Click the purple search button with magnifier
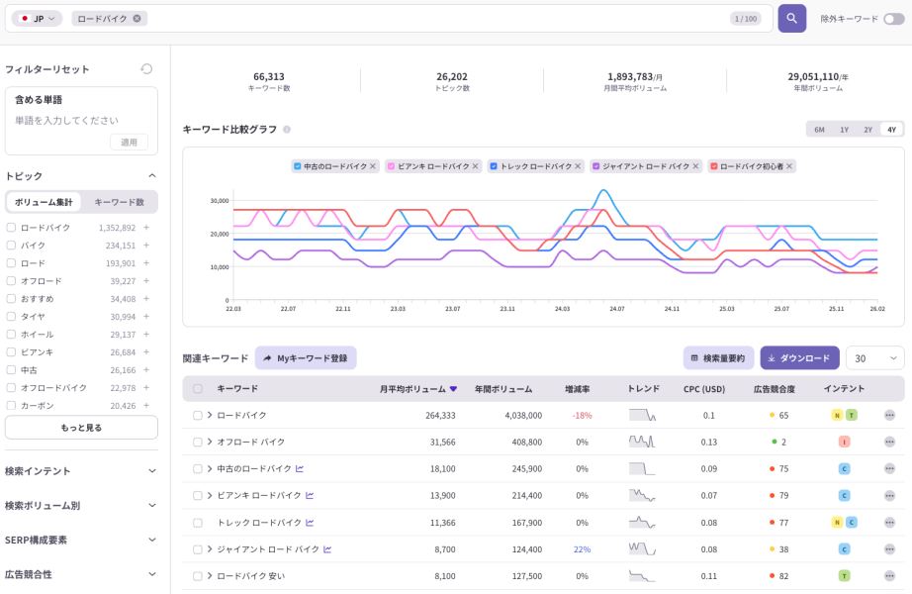pos(791,18)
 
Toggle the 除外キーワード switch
pos(893,19)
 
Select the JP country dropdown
pos(37,19)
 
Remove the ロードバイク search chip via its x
pos(137,19)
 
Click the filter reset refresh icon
pos(146,69)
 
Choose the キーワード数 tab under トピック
pos(119,202)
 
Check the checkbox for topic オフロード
pos(11,281)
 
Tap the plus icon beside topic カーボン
pos(146,406)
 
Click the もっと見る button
pos(81,428)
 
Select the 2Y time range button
pos(867,130)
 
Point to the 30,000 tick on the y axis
pos(219,201)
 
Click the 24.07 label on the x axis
pos(617,309)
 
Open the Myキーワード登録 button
pos(306,357)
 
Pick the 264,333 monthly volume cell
pos(434,416)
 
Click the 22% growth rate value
pos(582,549)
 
